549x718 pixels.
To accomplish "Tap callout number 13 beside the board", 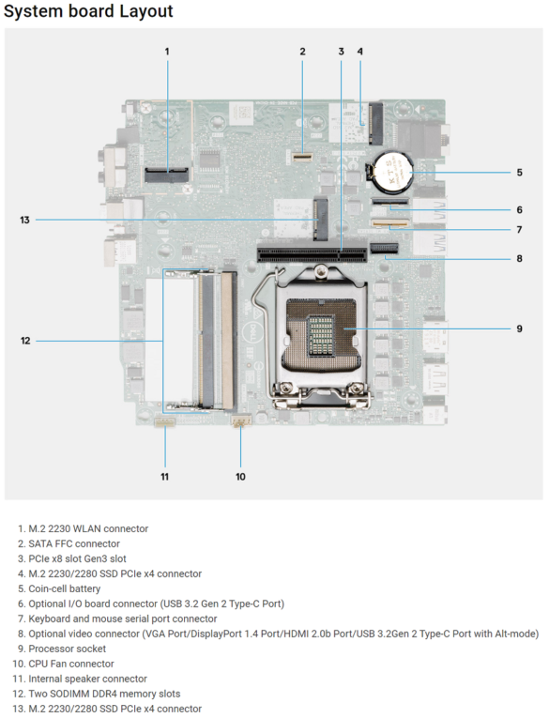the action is [x=24, y=221].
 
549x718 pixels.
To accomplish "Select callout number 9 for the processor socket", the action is [x=519, y=328].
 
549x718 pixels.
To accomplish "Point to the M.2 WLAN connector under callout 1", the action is [x=167, y=175].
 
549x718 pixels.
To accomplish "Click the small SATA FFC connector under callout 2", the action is [x=302, y=157].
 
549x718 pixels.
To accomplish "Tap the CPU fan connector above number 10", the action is [x=241, y=420].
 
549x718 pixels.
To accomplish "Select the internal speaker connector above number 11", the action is [x=165, y=422].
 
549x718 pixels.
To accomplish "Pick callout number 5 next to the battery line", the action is [x=519, y=173].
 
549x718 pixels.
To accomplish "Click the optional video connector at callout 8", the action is [x=385, y=249].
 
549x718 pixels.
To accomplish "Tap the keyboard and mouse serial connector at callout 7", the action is [x=390, y=224].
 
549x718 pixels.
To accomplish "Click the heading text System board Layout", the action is [x=88, y=11].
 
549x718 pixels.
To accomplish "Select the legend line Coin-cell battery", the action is [x=64, y=588].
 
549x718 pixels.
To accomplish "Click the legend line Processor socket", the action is [x=67, y=649].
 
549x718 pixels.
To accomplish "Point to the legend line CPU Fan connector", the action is [x=71, y=664].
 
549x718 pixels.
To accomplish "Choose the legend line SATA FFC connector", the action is [x=74, y=543].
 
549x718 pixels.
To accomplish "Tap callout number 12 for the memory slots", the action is [x=25, y=341].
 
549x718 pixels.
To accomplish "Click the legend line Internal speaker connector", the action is [x=88, y=679].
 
